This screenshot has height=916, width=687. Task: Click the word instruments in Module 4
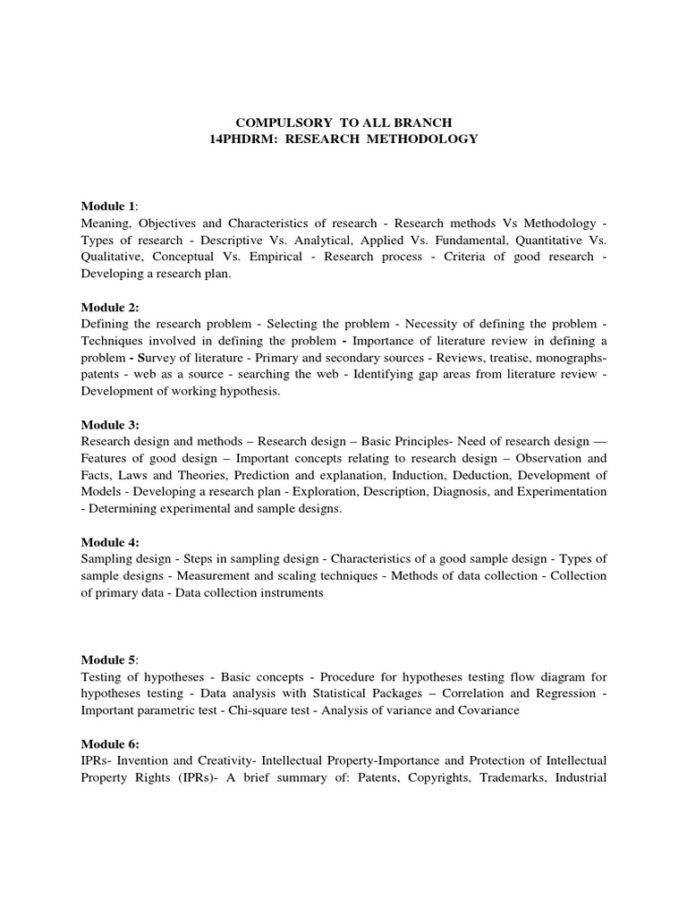point(286,593)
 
